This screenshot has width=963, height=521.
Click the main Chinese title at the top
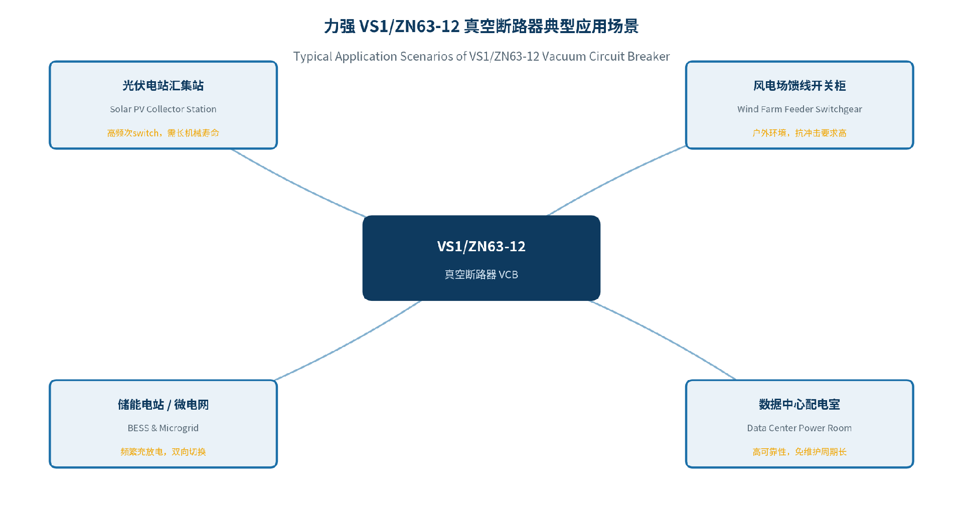(x=481, y=26)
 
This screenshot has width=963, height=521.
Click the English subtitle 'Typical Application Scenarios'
(x=481, y=56)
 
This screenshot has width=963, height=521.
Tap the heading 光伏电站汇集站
(x=163, y=86)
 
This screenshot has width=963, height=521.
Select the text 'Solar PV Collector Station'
(x=163, y=109)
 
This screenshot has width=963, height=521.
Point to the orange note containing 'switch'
(x=163, y=133)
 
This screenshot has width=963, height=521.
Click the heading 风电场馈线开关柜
(x=799, y=86)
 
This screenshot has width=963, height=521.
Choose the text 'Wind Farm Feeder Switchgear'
(x=799, y=109)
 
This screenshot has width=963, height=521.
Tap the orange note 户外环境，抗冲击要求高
(x=799, y=133)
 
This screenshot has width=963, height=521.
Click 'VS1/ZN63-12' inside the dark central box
(x=481, y=246)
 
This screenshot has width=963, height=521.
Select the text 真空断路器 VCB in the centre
(x=481, y=274)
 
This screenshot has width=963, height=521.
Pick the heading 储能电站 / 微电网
(x=163, y=405)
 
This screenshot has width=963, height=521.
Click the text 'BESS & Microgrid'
(x=163, y=428)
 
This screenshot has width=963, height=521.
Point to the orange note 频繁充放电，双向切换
(x=163, y=452)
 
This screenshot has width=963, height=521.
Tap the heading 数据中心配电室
(x=799, y=405)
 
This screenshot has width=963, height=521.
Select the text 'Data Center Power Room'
(x=799, y=428)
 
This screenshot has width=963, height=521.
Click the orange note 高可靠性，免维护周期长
(x=799, y=452)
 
